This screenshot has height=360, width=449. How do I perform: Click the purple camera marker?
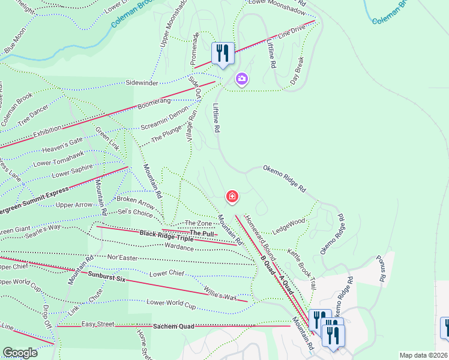coord(241,79)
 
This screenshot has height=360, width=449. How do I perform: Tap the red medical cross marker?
coord(232,196)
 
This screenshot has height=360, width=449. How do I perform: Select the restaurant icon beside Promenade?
coord(223,53)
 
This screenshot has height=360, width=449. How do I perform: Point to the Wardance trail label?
coord(179,247)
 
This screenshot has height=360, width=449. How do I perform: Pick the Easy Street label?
coord(98,324)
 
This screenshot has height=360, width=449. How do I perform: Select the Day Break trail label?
coord(298,70)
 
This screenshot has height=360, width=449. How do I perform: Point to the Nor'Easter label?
coord(123,257)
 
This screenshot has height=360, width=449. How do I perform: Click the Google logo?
coord(20,353)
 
